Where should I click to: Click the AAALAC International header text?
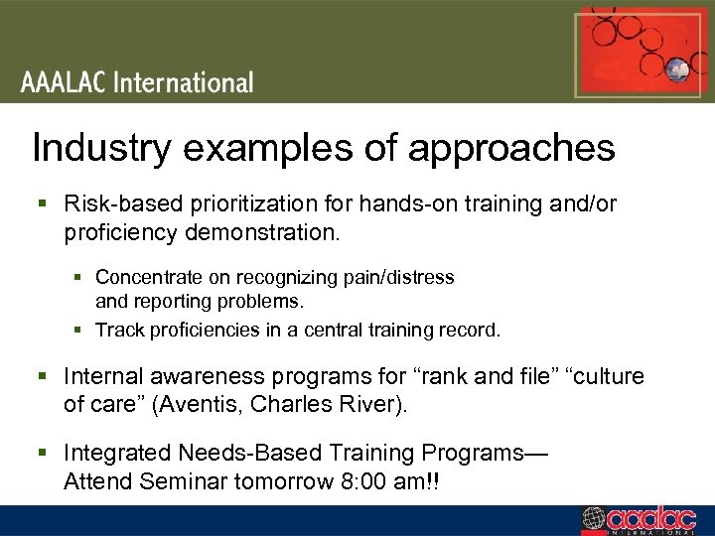coord(137,82)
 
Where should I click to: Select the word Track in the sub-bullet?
coord(117,330)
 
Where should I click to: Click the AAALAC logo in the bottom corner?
coord(643,520)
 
